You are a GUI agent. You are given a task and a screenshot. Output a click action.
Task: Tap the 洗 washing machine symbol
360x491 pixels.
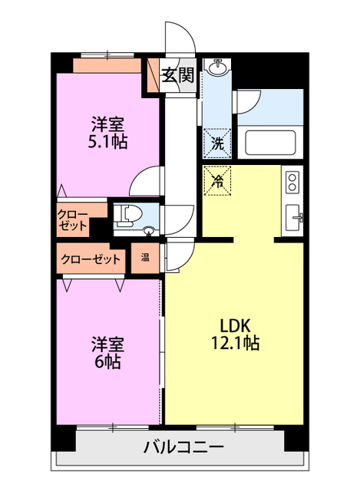[x=218, y=142]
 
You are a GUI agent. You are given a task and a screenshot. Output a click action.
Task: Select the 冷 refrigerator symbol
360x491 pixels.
[x=217, y=182]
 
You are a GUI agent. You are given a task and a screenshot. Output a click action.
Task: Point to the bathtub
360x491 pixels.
[x=269, y=143]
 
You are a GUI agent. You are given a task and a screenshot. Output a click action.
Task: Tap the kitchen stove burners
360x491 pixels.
[x=292, y=182]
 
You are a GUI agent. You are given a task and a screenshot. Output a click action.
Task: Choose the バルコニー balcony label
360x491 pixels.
[x=183, y=447]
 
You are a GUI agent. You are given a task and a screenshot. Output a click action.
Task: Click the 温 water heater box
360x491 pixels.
[x=145, y=258]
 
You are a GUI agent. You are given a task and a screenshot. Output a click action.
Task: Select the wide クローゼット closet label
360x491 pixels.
[x=91, y=259]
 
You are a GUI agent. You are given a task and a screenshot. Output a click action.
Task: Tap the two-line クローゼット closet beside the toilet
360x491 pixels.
[x=72, y=221]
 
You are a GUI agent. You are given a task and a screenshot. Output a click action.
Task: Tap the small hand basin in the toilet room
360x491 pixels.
[x=148, y=230]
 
